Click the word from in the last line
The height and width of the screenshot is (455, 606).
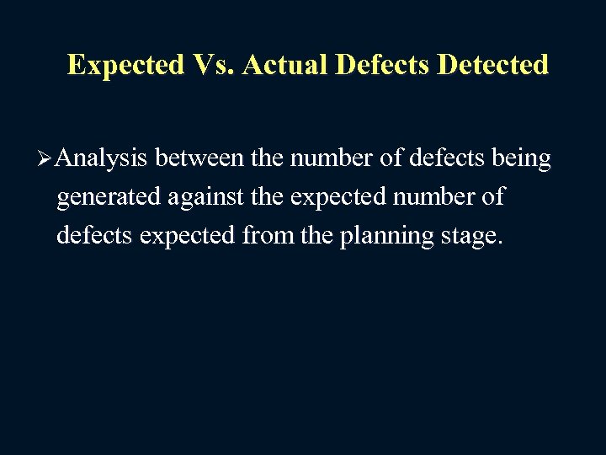(268, 236)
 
